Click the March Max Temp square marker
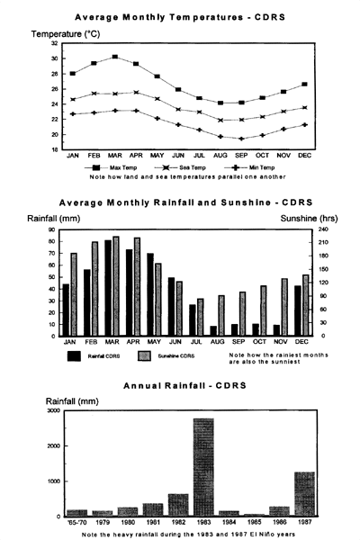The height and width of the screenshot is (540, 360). [x=115, y=57]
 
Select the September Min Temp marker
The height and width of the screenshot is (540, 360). [x=241, y=139]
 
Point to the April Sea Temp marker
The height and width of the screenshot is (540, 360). [x=136, y=93]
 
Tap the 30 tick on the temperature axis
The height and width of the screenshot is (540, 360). [x=54, y=58]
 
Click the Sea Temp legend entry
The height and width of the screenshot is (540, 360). [x=180, y=167]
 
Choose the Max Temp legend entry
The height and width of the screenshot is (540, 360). [x=111, y=167]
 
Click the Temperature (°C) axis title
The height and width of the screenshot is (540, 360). [x=66, y=34]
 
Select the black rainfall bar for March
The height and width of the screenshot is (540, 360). [x=108, y=288]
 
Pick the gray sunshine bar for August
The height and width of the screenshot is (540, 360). [x=221, y=316]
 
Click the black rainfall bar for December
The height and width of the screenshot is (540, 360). [x=298, y=311]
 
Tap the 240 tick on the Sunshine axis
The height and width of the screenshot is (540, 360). [x=325, y=229]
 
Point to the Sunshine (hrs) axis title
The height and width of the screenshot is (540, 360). [x=309, y=219]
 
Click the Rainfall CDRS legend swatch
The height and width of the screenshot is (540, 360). [x=74, y=356]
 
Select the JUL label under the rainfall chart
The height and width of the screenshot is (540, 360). [x=196, y=342]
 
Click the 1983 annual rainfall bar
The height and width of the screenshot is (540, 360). [x=203, y=467]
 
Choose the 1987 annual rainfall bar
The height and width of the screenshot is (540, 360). [x=305, y=494]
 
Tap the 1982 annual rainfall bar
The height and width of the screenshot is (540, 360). [x=178, y=505]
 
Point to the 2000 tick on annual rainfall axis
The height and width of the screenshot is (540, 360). [x=53, y=446]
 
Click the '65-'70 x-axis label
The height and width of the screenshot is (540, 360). [x=76, y=522]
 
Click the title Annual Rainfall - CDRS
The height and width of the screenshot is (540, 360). [x=185, y=385]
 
